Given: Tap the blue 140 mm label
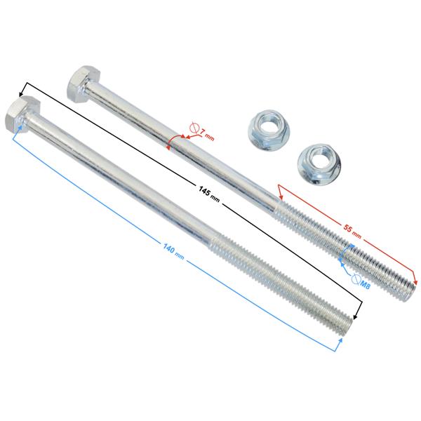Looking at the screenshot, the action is [x=173, y=252].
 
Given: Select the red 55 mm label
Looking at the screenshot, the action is [x=352, y=232].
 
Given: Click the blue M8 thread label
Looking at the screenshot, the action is [x=365, y=284].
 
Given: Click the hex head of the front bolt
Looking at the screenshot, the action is [x=22, y=114].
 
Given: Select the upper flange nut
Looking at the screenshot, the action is [x=267, y=130].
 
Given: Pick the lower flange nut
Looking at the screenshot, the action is [x=319, y=164].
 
